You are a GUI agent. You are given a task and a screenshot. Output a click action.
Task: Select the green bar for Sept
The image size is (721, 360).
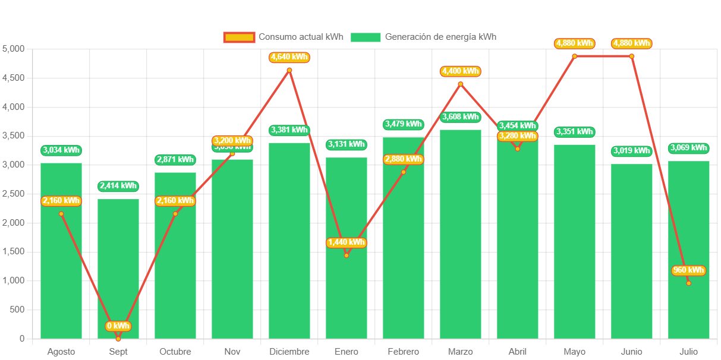click(118, 269)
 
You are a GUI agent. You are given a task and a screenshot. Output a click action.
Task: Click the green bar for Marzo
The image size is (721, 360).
click(461, 234)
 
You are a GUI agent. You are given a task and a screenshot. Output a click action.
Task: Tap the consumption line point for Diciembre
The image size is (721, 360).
click(289, 70)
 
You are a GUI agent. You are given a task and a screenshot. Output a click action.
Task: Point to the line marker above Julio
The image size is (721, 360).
click(689, 283)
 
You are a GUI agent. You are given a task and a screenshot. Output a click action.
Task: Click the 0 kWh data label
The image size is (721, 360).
click(118, 326)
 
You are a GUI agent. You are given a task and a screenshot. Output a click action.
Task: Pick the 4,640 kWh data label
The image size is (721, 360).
click(289, 58)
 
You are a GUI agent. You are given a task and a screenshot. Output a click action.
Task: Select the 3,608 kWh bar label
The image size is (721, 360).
click(461, 117)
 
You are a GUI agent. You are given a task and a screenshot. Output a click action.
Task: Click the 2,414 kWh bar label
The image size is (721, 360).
click(118, 186)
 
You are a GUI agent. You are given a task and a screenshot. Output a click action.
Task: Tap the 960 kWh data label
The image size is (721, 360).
click(689, 271)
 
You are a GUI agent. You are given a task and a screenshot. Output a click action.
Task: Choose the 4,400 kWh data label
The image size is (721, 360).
click(461, 71)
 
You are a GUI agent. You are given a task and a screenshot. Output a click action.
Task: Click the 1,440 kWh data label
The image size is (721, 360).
click(347, 242)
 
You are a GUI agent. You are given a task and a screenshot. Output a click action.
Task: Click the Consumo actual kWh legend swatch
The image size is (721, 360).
click(239, 37)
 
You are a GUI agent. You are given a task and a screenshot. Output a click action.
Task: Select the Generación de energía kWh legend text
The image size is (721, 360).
click(440, 37)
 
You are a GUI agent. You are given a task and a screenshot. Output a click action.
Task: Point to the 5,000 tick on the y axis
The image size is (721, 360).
click(14, 49)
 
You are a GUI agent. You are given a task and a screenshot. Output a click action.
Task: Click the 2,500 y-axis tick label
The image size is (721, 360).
click(14, 194)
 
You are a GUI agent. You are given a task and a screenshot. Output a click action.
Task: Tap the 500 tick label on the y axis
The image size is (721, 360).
click(17, 310)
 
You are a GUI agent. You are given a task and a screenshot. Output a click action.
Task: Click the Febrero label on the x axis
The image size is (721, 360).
click(404, 352)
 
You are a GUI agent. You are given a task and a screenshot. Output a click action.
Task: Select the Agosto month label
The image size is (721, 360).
click(61, 352)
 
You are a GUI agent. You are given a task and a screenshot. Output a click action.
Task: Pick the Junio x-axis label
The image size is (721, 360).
click(632, 352)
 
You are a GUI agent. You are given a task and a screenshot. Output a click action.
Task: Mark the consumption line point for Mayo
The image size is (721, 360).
click(575, 56)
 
